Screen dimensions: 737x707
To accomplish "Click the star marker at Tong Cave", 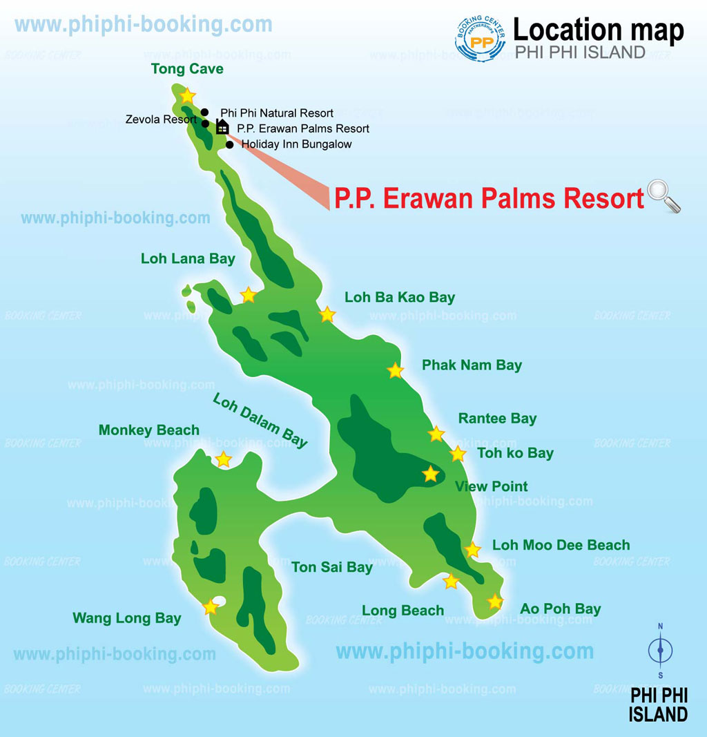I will tap(187, 95).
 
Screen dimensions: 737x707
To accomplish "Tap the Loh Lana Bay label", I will tap(188, 259).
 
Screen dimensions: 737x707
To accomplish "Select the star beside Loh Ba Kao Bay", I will tap(327, 315).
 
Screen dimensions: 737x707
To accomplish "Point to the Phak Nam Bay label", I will tap(472, 365).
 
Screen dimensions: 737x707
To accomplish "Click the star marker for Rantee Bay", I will tap(436, 434).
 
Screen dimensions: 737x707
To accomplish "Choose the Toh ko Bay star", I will tap(458, 454).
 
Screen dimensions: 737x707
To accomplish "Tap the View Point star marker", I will tap(431, 474).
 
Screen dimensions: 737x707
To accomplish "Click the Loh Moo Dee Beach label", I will tap(561, 546).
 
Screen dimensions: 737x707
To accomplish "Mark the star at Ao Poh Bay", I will tap(495, 602).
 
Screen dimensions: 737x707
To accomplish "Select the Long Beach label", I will tap(403, 611).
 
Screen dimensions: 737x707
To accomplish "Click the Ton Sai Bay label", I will tap(331, 568).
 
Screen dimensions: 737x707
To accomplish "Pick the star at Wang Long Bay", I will tap(211, 607).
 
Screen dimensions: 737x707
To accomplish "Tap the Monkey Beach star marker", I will tap(224, 459).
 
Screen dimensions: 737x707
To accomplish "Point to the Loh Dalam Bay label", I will tap(260, 421).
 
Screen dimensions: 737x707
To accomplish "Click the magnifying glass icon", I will tap(664, 195).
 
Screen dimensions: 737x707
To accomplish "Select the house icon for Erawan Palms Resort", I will tap(222, 126).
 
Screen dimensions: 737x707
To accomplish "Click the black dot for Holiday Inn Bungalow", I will tap(229, 144).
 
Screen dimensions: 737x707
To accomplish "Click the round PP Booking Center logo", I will tap(481, 39).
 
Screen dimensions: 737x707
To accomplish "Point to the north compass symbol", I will tap(661, 649).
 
